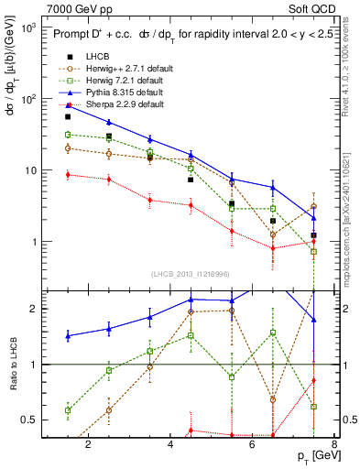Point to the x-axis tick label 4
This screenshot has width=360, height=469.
click(171, 446)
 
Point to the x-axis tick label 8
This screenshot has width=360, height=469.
click(336, 446)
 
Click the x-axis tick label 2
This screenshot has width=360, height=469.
click(88, 446)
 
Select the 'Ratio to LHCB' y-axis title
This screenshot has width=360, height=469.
click(13, 364)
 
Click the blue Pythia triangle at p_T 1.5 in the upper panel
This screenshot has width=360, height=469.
click(68, 105)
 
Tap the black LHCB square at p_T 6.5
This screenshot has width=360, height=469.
click(273, 221)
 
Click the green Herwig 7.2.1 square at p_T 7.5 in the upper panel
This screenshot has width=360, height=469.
click(314, 251)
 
